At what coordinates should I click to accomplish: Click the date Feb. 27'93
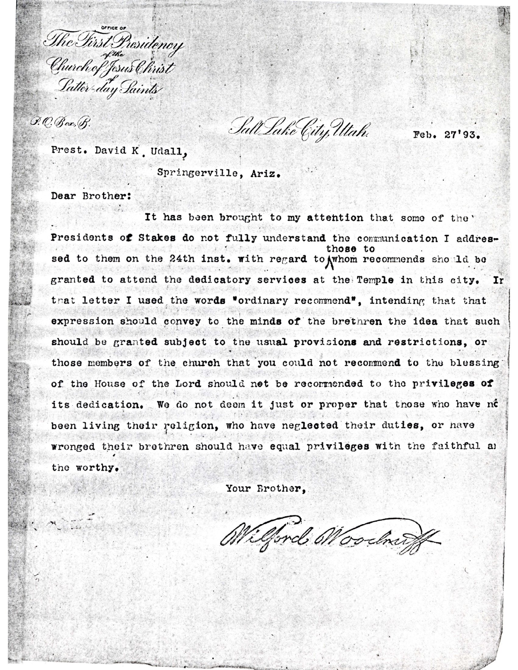coord(445,135)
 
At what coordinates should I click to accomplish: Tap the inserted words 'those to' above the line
coord(350,249)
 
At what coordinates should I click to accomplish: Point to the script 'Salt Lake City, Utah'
coord(300,130)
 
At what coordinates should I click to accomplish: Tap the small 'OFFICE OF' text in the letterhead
coord(113,28)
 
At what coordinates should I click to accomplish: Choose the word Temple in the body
coord(376,280)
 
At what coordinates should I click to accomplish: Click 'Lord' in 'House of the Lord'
coord(188,383)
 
